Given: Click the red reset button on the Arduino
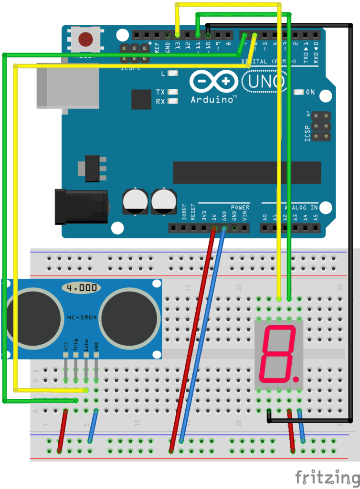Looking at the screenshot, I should coord(86,39).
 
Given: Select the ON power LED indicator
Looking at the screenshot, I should coord(299,92).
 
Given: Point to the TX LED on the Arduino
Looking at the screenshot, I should coord(173,92).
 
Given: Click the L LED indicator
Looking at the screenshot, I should coord(173,74).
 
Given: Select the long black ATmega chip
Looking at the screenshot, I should coord(246,172).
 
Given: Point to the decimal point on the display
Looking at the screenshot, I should coord(296,380).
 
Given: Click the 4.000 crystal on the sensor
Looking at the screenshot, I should coord(82,288).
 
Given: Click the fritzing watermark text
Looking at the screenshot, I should coord(327,477).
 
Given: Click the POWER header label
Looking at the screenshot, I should coord(240,208).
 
